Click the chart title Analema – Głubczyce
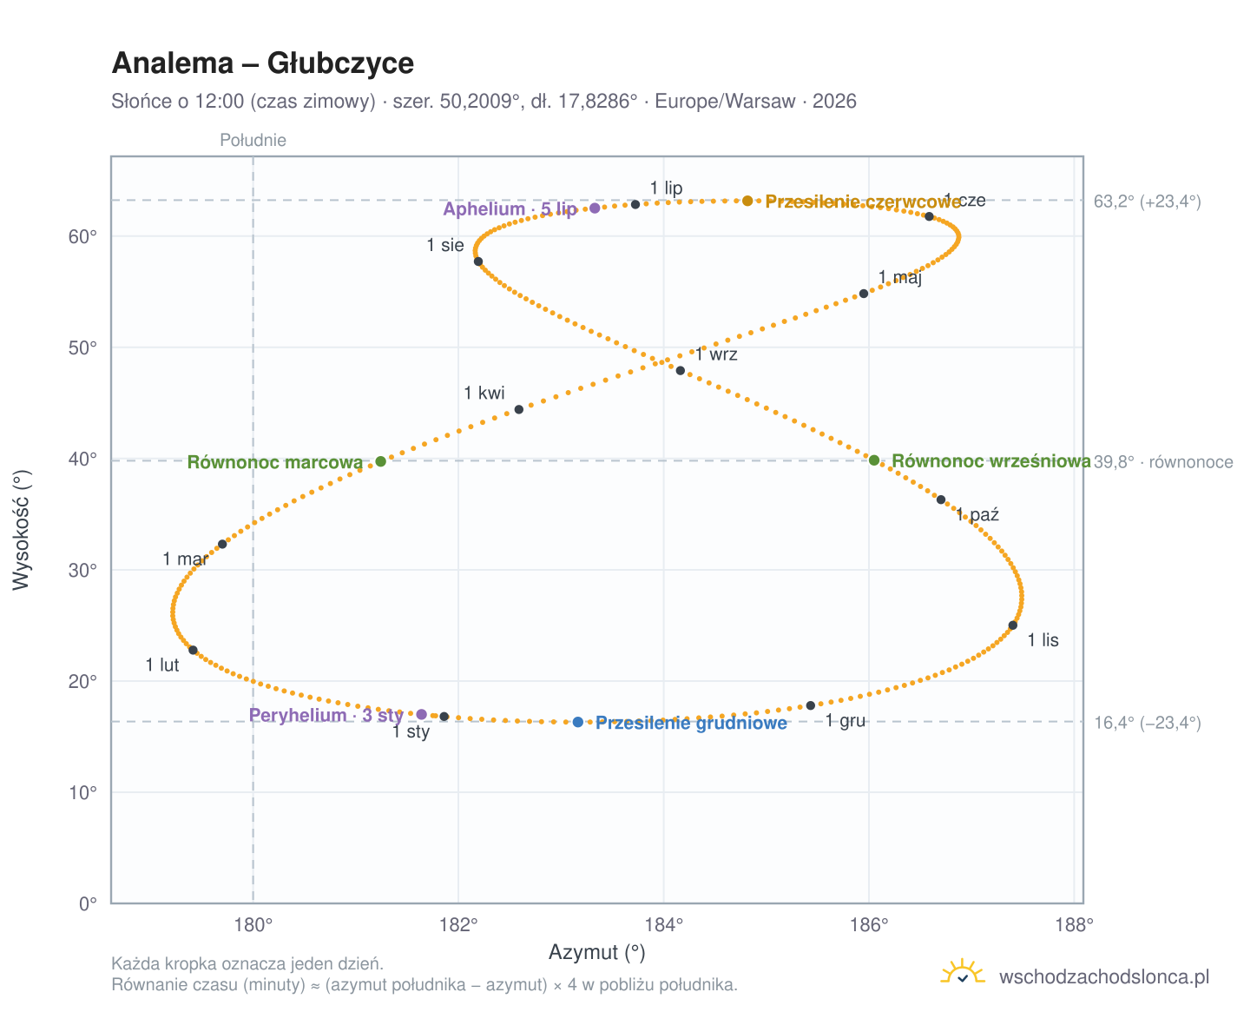pos(262,63)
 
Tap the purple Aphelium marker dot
pos(595,208)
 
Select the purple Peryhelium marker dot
pos(421,714)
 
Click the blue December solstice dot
pos(577,722)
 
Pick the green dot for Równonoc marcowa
pos(381,461)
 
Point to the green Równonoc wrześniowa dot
pos(874,460)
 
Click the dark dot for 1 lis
pos(1013,625)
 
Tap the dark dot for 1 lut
pos(193,651)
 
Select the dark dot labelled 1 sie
pos(478,261)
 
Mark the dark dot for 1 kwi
pos(518,409)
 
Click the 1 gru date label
pos(846,721)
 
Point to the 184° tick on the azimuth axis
pos(663,925)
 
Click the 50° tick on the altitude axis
pos(82,347)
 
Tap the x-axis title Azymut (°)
pos(596,952)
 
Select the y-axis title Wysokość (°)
pos(21,530)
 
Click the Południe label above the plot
pos(253,140)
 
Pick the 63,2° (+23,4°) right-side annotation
pos(1147,202)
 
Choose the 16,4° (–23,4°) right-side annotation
pos(1147,723)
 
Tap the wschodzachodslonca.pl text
pos(1104,976)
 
